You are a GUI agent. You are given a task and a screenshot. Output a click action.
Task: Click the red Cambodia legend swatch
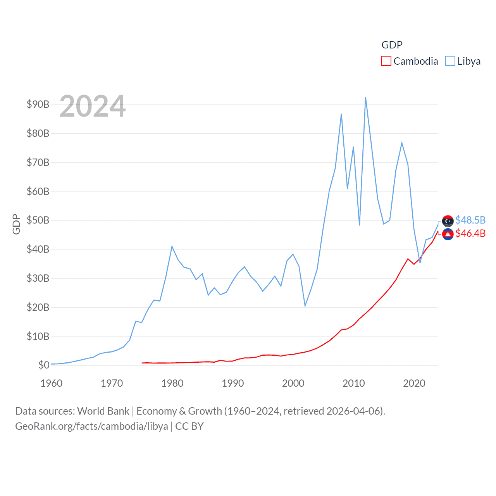(x=386, y=61)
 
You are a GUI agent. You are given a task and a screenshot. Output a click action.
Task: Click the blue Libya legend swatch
(x=450, y=61)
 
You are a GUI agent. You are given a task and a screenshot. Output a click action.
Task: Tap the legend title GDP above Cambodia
(x=392, y=45)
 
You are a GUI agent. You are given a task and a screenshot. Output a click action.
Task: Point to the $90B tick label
(x=38, y=104)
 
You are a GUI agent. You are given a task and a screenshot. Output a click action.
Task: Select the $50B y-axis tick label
(x=38, y=220)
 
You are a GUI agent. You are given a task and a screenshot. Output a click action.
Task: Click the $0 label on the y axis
(x=44, y=365)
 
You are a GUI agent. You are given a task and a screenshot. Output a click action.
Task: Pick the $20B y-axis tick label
(x=38, y=307)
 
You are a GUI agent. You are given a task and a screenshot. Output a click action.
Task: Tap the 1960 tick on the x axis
(x=52, y=383)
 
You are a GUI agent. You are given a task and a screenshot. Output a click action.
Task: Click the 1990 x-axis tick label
(x=233, y=383)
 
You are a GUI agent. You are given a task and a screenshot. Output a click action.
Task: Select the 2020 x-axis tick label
(x=414, y=383)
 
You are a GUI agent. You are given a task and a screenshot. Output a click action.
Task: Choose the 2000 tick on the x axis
(x=293, y=383)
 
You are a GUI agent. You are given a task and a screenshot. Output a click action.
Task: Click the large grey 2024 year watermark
(x=93, y=106)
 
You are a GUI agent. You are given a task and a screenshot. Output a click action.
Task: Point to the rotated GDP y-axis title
(x=16, y=224)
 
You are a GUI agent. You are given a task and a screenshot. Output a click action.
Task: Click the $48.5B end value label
(x=470, y=220)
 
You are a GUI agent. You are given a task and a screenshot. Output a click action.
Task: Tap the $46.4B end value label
(x=470, y=233)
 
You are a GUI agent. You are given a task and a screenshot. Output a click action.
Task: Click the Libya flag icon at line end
(x=448, y=221)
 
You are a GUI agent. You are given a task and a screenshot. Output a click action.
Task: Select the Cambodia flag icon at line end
(x=448, y=234)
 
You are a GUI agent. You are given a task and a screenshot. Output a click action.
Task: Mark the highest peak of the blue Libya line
(x=365, y=97)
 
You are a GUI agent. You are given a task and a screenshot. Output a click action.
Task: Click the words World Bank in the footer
(x=103, y=411)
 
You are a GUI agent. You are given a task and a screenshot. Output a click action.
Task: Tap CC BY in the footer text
(x=189, y=426)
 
